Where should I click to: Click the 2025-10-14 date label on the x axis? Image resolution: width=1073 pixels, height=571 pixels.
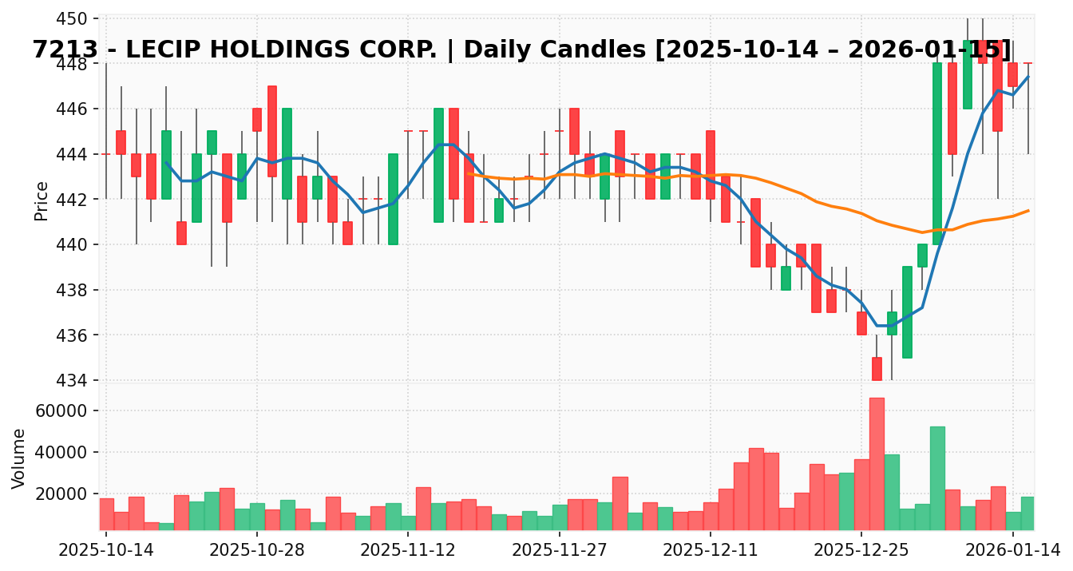point(106,550)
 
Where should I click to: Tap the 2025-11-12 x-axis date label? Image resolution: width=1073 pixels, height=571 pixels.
point(408,550)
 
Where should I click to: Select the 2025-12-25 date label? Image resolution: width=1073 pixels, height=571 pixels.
point(861,550)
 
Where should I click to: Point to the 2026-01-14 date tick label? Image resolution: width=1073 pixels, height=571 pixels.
point(1012,550)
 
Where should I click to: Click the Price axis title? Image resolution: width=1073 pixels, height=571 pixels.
point(42,200)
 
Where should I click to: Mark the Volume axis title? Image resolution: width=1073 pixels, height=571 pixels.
point(19,458)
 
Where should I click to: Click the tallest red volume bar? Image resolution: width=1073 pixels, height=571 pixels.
point(877,463)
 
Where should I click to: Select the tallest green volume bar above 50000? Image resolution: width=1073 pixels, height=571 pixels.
point(937,478)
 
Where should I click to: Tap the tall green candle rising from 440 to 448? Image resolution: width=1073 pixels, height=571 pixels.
point(937,153)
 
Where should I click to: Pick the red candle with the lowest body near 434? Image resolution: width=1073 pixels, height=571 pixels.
point(877,368)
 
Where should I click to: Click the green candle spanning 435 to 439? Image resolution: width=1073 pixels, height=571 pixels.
point(907,312)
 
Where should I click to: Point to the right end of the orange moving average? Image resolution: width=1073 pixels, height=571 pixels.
point(1028,210)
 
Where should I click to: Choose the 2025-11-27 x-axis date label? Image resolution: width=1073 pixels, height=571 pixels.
point(559,550)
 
